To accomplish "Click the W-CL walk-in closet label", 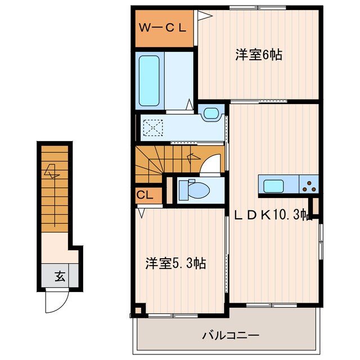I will (164, 26).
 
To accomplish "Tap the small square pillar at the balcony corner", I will (138, 309).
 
